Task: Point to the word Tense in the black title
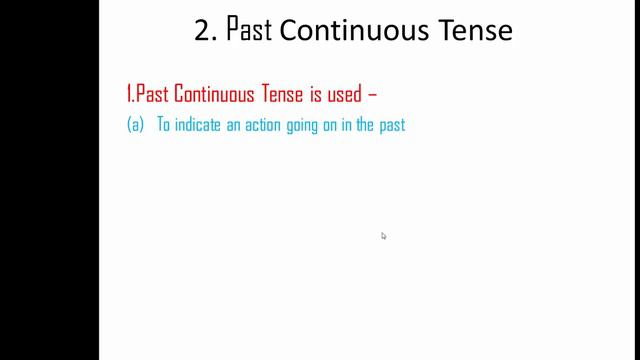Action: (473, 31)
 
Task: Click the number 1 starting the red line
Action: (129, 95)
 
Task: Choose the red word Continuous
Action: (216, 95)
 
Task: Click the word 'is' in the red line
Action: (322, 95)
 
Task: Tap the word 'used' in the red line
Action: (350, 95)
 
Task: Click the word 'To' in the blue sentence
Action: (164, 127)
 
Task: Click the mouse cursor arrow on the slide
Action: (383, 236)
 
